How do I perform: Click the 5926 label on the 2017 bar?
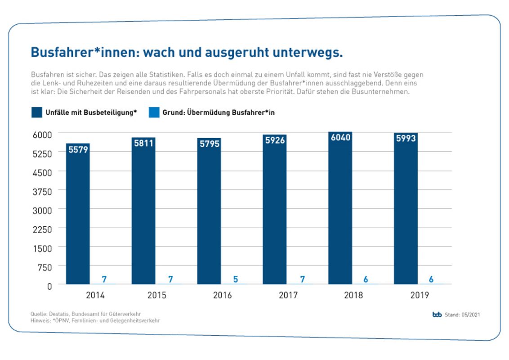275,140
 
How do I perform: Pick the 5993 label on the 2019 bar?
406,139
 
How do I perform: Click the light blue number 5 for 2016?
236,279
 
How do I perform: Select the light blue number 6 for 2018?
366,279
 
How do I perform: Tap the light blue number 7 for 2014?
104,279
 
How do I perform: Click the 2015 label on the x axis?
156,296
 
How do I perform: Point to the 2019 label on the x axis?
419,296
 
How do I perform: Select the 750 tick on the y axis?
45,266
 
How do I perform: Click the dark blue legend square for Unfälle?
36,112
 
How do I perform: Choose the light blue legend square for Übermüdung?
154,112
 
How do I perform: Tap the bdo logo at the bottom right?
437,315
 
